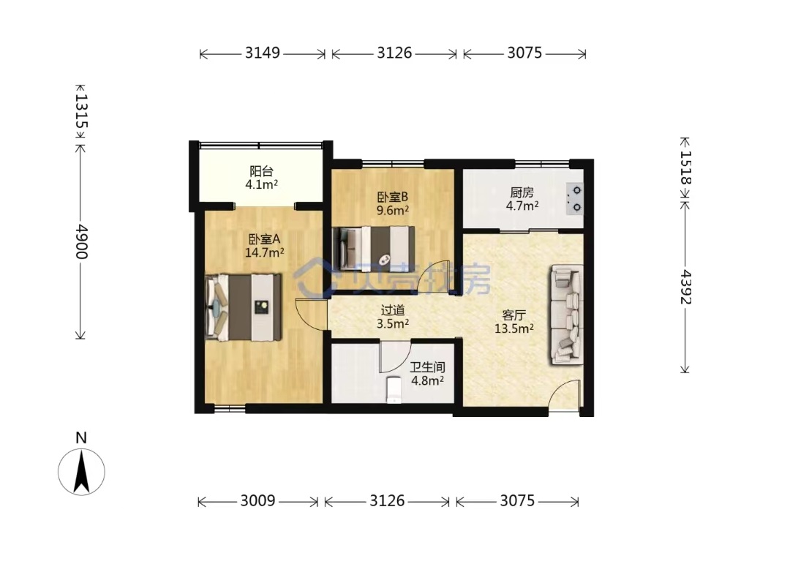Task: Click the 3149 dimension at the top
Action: tap(263, 53)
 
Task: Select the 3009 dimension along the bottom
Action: tap(257, 500)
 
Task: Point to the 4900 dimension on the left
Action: tap(81, 242)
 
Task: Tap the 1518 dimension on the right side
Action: tap(685, 168)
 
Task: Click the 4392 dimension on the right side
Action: tap(685, 287)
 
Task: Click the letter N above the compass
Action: tap(81, 438)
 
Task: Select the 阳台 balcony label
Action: tap(261, 171)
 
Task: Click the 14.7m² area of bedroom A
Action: tap(265, 252)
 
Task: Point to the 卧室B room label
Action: tap(392, 196)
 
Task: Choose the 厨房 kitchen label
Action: tap(522, 192)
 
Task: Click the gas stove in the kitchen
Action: tap(574, 198)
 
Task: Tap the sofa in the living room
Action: tap(567, 315)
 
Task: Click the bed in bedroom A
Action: tap(244, 307)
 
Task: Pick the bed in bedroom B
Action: tap(374, 247)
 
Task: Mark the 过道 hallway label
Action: tap(393, 310)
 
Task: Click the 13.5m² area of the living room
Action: tap(514, 329)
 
